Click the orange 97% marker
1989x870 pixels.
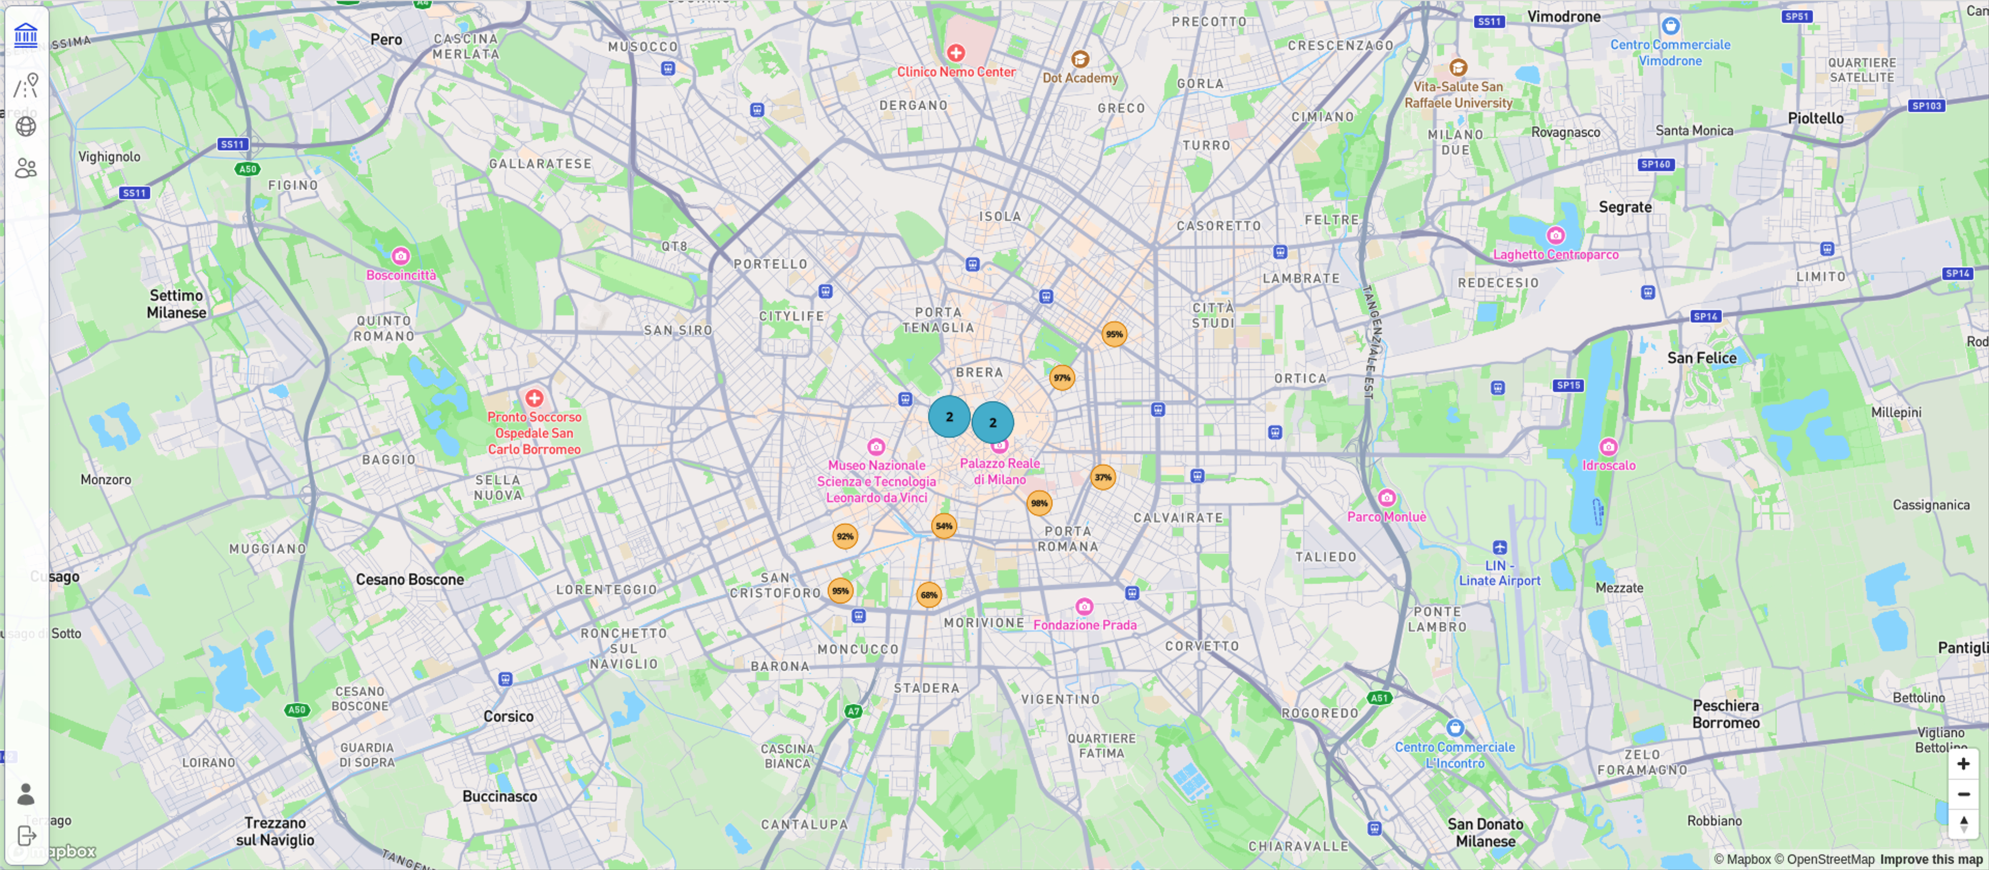point(1062,378)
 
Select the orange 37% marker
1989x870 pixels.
point(1103,478)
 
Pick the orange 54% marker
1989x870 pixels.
point(944,526)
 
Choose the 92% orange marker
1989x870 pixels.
point(845,536)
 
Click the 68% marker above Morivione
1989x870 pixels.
point(929,595)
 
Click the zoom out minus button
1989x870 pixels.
point(1963,794)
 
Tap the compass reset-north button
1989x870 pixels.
point(1963,824)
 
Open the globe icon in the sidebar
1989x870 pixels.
point(25,127)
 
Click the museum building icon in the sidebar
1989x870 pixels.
point(25,35)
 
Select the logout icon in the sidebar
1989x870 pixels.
point(25,836)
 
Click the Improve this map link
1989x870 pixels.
point(1930,859)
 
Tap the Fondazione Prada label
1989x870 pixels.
point(1085,625)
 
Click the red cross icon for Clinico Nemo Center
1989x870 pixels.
point(956,52)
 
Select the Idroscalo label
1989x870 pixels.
point(1608,465)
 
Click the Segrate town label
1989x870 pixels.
point(1624,207)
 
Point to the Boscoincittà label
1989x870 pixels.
point(401,275)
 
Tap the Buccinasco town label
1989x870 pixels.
point(499,796)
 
